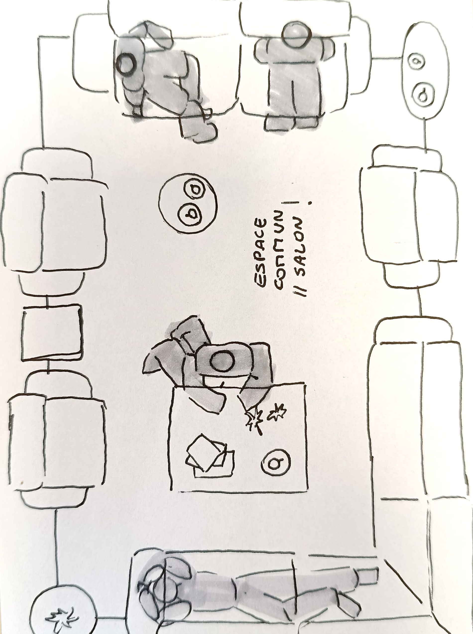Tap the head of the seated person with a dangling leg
pos(127,63)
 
